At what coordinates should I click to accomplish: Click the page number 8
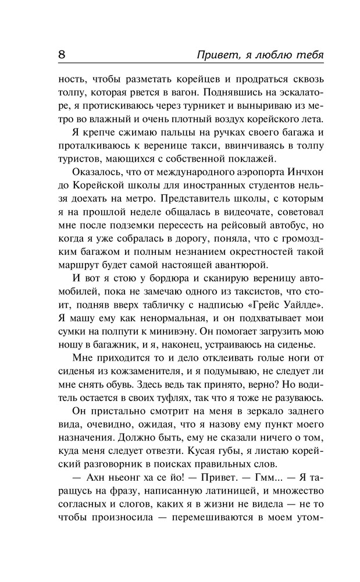62,55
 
